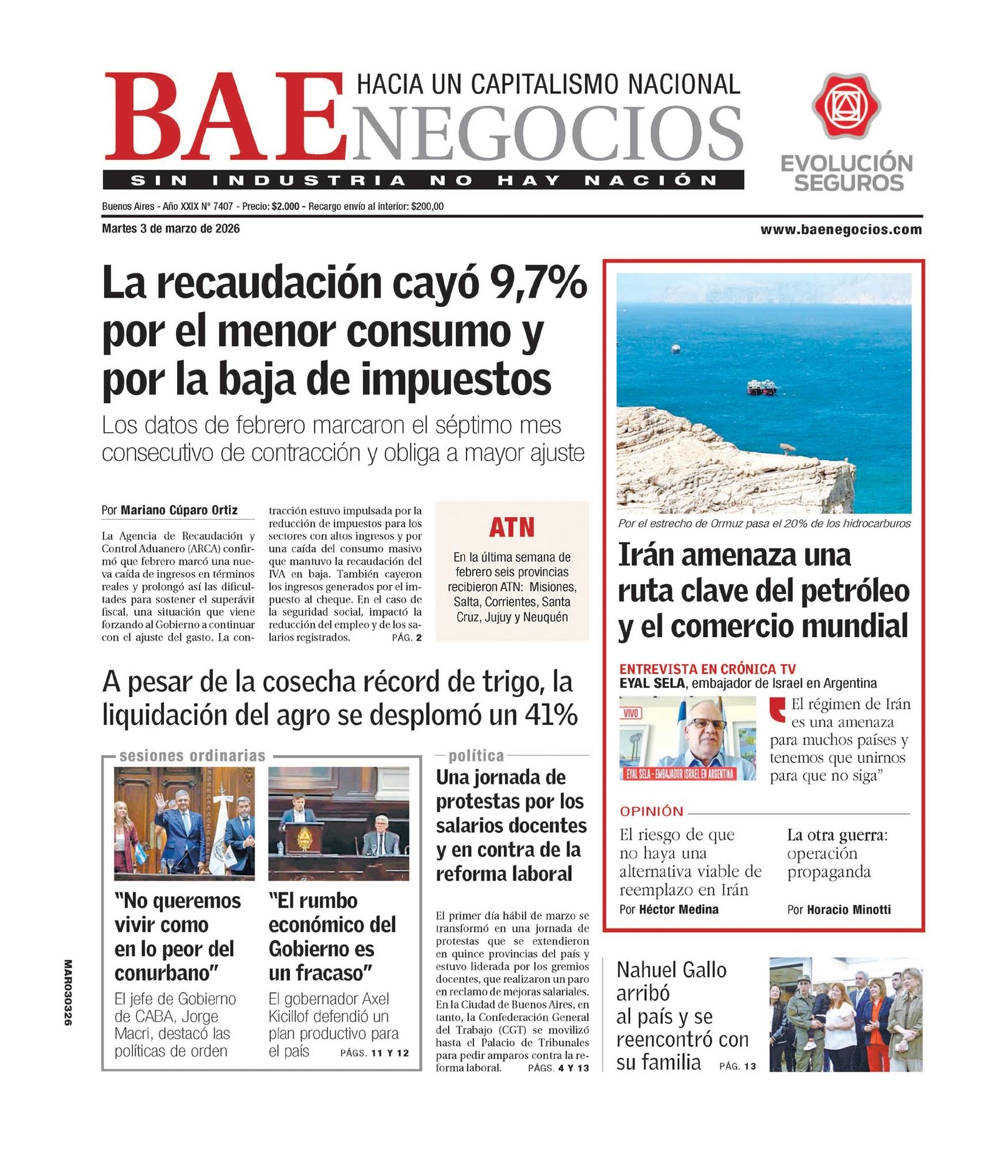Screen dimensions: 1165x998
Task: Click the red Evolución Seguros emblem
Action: click(846, 106)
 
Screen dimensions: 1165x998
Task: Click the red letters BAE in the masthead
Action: click(225, 117)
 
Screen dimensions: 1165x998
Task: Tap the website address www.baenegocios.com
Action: click(841, 230)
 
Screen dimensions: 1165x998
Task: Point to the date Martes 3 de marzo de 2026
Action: click(170, 228)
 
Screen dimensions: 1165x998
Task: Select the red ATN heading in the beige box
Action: click(511, 527)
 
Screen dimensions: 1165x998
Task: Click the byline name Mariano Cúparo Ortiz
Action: click(179, 510)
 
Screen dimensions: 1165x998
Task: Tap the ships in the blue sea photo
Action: click(762, 387)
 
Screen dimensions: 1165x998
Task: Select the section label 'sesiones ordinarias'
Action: click(192, 756)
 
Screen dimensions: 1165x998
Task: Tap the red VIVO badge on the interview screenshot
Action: click(631, 713)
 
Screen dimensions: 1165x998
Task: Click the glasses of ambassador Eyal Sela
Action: click(707, 724)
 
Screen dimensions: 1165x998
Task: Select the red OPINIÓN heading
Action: click(651, 811)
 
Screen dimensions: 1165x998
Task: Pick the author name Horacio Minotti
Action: click(848, 909)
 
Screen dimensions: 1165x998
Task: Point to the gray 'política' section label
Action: click(476, 756)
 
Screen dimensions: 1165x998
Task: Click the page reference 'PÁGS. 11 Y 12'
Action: click(374, 1053)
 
